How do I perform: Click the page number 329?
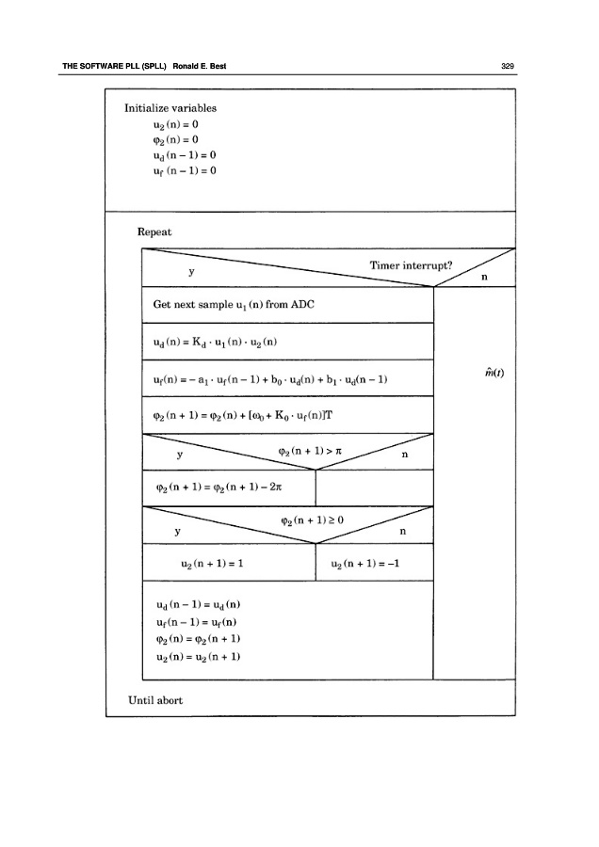click(x=507, y=66)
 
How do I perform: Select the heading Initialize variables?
click(x=170, y=108)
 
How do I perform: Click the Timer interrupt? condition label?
click(x=412, y=265)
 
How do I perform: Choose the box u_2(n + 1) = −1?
click(x=367, y=563)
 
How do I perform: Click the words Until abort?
click(x=155, y=699)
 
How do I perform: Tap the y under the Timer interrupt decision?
click(x=191, y=271)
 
